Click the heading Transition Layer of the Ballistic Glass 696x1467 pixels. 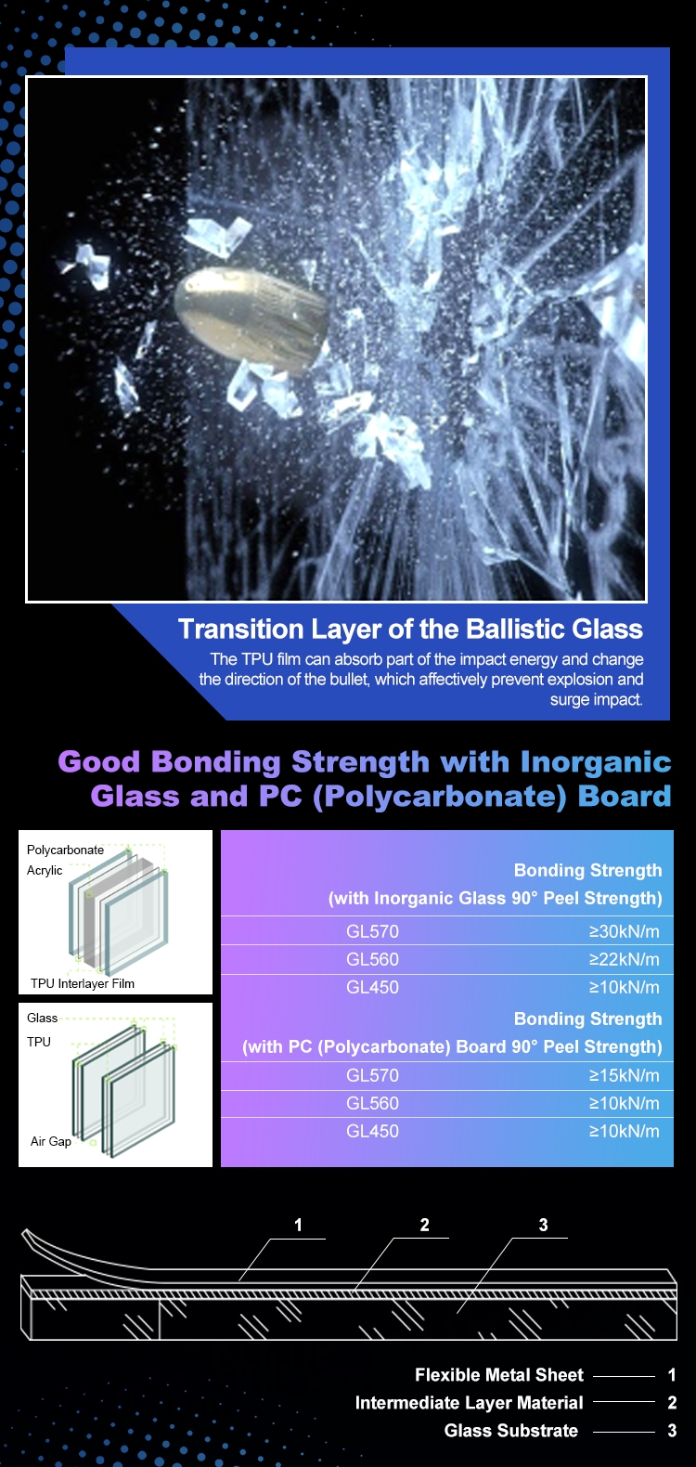click(410, 629)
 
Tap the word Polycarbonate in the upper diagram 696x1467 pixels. click(66, 850)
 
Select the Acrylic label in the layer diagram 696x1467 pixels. click(45, 870)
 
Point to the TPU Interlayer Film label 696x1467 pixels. click(83, 983)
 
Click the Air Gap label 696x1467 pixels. click(50, 1141)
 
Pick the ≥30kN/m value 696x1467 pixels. click(624, 931)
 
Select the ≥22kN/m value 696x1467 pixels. click(624, 959)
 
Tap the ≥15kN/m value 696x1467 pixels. click(624, 1075)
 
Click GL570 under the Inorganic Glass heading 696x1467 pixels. click(372, 931)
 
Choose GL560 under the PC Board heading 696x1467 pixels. click(372, 1104)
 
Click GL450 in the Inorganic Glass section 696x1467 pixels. click(372, 988)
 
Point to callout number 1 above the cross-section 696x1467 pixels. click(299, 1225)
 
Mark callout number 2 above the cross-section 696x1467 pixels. click(424, 1225)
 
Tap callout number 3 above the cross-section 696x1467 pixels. click(543, 1225)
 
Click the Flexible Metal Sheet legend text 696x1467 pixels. click(499, 1375)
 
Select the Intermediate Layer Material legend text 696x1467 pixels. click(469, 1402)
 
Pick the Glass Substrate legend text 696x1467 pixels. click(510, 1430)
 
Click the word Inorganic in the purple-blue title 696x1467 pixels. click(596, 763)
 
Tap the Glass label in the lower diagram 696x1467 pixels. click(42, 1018)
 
